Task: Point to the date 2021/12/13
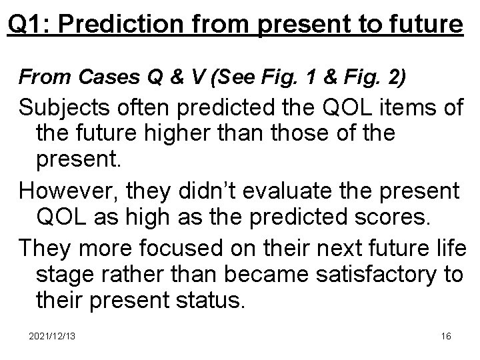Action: (x=52, y=336)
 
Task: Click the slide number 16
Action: (x=445, y=336)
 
